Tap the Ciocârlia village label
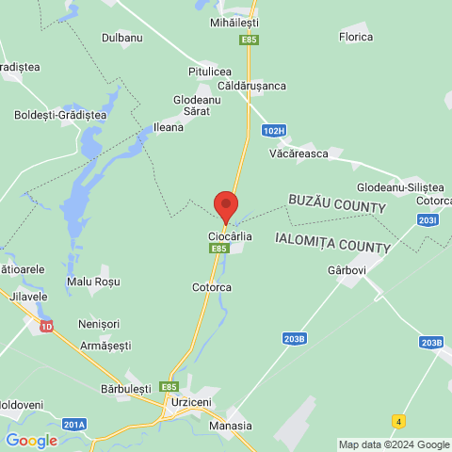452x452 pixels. click(x=230, y=236)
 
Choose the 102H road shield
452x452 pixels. click(x=274, y=131)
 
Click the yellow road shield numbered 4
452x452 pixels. click(x=399, y=420)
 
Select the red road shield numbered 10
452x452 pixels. click(x=47, y=326)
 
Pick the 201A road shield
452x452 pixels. click(x=74, y=425)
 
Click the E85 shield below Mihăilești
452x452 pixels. click(x=250, y=40)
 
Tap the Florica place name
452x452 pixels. click(x=356, y=37)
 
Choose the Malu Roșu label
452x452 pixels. click(x=93, y=281)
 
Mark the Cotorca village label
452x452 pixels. click(x=211, y=287)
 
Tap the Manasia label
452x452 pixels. click(x=231, y=425)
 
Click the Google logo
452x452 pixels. click(x=31, y=440)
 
